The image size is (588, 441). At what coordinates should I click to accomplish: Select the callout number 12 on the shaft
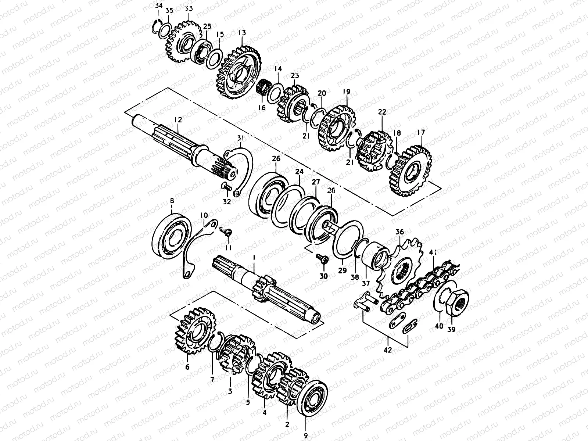tap(178, 120)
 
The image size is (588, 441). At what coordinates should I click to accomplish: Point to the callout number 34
tap(158, 6)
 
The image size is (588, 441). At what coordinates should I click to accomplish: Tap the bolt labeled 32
tap(226, 187)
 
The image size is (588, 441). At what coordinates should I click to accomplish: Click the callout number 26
tap(276, 159)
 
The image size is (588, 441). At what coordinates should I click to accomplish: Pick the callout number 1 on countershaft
tap(253, 259)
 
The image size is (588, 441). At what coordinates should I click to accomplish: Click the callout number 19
tap(347, 92)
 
